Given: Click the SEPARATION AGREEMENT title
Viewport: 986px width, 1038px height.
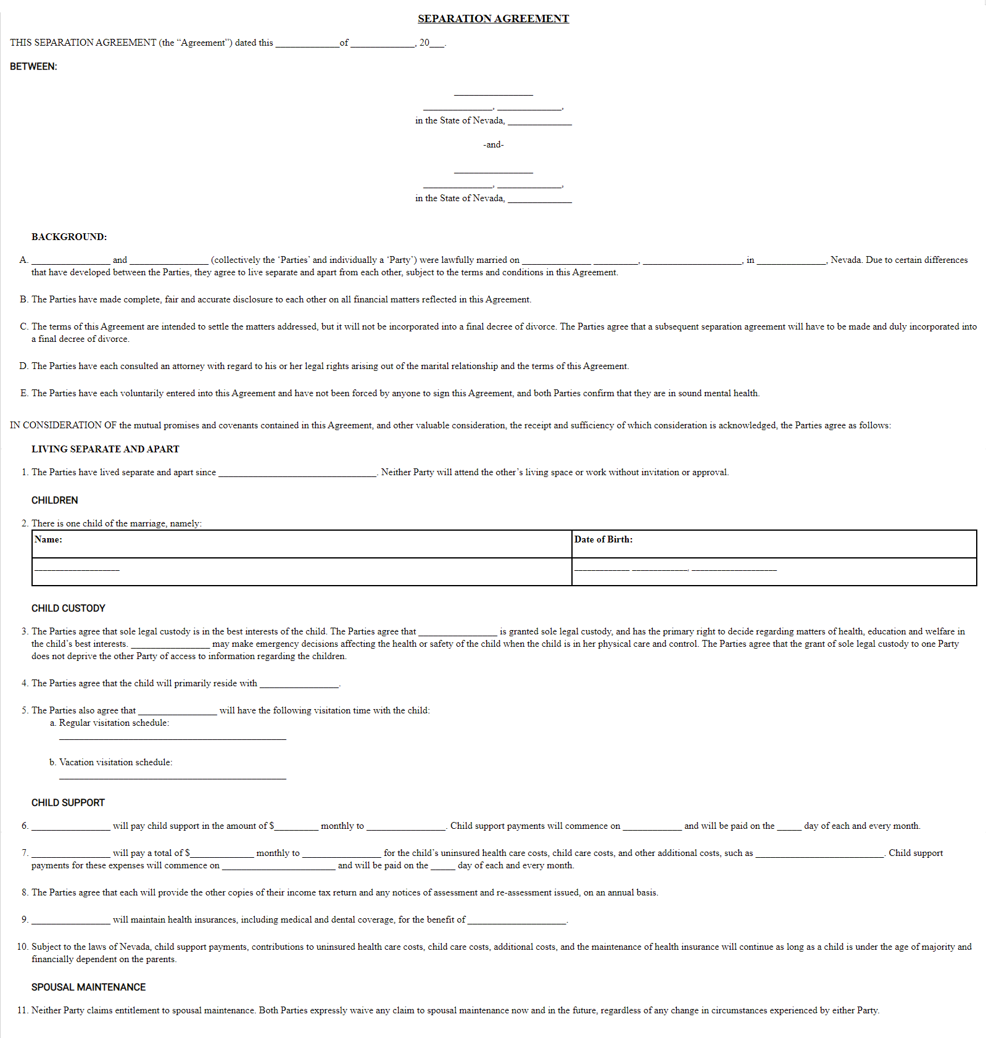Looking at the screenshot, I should coord(493,19).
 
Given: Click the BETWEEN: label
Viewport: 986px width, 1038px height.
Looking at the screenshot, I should coord(33,67).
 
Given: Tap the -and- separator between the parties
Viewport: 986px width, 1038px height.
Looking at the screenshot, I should coord(493,144).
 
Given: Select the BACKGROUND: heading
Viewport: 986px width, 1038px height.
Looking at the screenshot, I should coord(69,237).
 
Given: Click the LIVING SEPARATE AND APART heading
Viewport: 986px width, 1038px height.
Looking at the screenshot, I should coord(105,449).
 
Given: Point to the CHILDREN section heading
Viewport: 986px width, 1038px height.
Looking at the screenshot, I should coord(54,500).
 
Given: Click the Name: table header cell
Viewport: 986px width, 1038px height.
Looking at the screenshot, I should coord(301,544).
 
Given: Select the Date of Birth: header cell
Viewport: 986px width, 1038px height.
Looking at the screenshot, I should coord(774,544).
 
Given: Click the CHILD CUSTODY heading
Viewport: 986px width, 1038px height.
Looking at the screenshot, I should coord(68,608).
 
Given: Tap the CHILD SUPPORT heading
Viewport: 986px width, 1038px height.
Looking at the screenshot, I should coord(68,803).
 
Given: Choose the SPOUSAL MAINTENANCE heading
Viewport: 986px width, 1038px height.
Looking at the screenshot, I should coord(88,987).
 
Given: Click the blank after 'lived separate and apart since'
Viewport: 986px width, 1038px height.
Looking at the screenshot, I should coord(297,473).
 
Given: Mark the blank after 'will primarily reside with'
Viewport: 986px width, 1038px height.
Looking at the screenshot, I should coord(299,684).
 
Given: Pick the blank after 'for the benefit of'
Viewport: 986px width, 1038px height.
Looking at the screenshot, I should coord(517,921).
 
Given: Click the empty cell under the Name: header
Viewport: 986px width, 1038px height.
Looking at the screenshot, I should coord(301,571).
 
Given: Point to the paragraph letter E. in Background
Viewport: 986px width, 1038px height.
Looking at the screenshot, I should coord(24,393).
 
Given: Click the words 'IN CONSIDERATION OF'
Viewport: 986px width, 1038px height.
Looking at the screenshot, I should coord(63,425).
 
